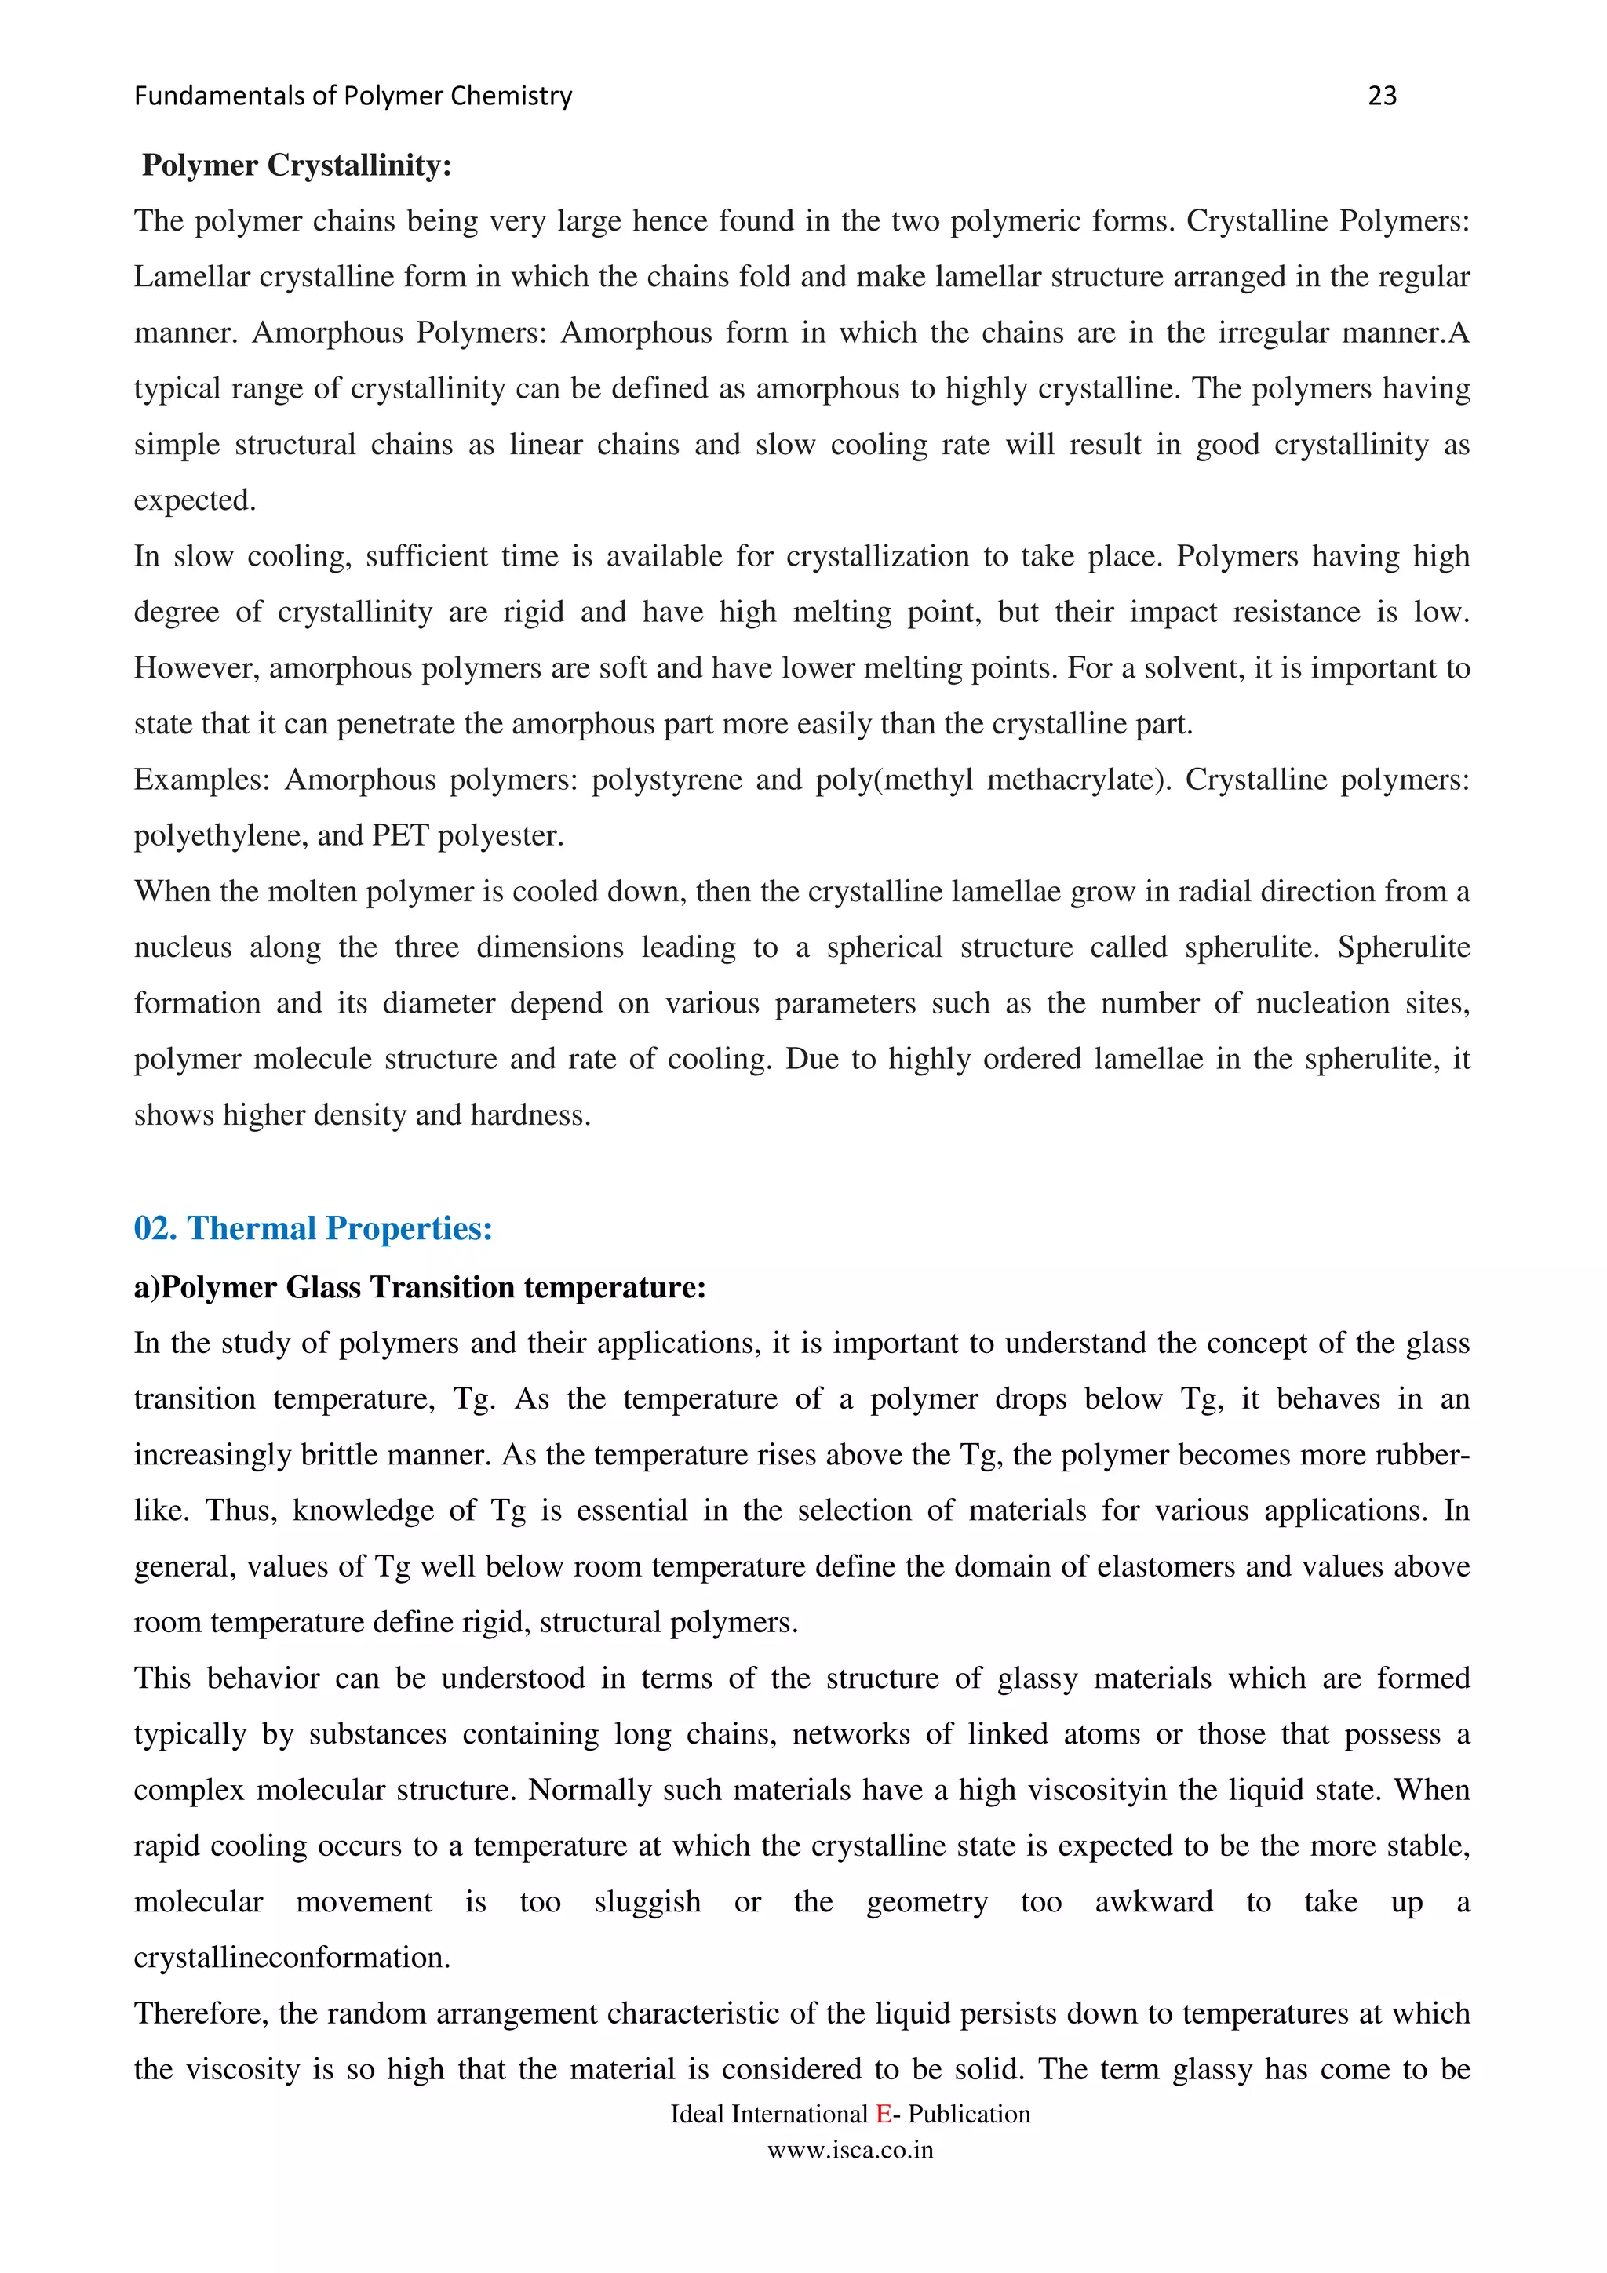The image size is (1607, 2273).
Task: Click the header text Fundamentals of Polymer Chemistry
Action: click(x=352, y=96)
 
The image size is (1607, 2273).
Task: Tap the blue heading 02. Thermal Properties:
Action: click(x=313, y=1228)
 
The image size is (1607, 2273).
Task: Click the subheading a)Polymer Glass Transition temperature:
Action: click(x=420, y=1287)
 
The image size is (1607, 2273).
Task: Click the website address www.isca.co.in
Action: click(x=851, y=2150)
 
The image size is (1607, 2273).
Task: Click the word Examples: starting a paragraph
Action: click(x=202, y=780)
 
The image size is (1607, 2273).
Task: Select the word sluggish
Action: click(x=647, y=1902)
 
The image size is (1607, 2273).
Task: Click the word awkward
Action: click(x=1153, y=1902)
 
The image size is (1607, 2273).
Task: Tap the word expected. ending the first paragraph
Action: click(x=195, y=501)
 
